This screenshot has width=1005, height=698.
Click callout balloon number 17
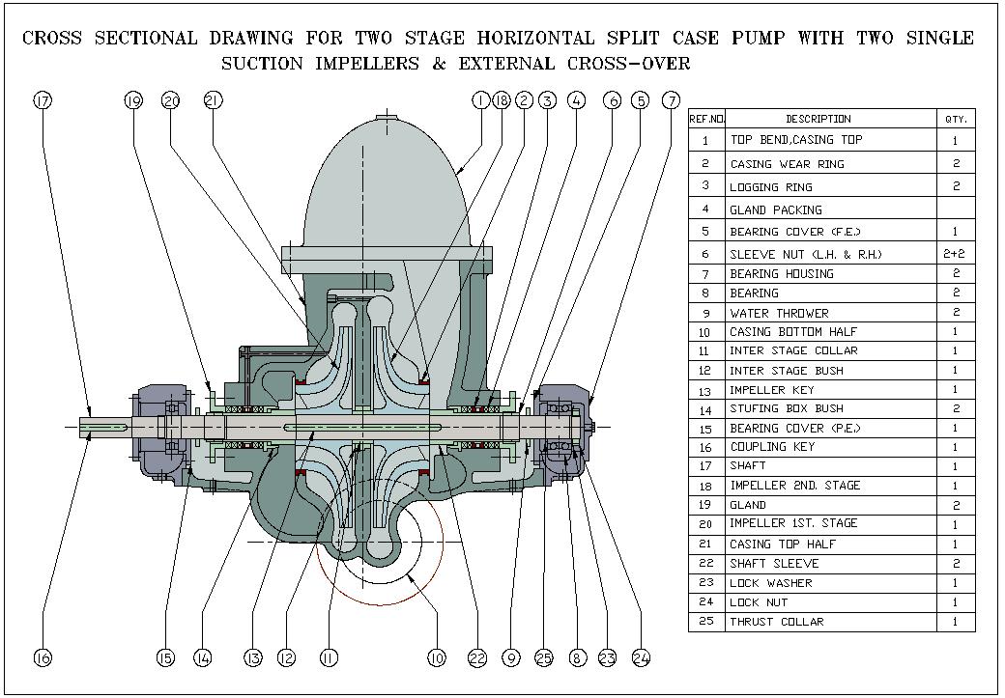click(42, 99)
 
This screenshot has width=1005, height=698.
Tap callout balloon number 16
click(42, 657)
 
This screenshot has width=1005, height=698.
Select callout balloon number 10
click(436, 657)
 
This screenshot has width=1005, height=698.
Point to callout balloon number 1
click(480, 99)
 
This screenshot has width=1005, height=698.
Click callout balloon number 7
click(671, 99)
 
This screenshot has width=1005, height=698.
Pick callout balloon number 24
click(641, 657)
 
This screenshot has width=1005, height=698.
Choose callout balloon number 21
click(214, 99)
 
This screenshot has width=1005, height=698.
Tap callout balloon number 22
click(476, 657)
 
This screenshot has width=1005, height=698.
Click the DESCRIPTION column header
click(818, 119)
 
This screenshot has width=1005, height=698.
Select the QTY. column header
click(956, 119)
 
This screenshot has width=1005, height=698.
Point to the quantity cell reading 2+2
click(956, 254)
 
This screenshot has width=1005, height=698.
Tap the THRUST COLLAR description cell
click(776, 622)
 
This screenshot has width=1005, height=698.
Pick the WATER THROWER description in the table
click(779, 313)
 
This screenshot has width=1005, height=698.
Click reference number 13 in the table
click(706, 390)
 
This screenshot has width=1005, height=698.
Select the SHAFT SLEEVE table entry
click(774, 563)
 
